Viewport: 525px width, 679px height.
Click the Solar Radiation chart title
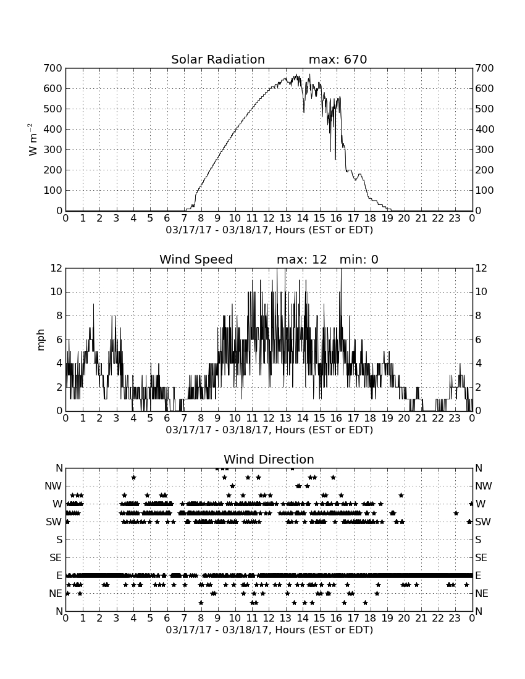coord(218,59)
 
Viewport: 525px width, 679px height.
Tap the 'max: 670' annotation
coord(338,59)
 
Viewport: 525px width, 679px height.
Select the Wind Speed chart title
coord(196,259)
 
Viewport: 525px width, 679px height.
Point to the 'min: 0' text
coord(359,259)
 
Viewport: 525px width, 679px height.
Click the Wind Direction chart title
coord(269,459)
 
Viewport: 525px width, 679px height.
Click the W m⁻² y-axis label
coord(33,140)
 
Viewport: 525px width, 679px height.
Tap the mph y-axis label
coord(41,340)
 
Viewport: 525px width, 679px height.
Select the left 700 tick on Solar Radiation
coord(53,68)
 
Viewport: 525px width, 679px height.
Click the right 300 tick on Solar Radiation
coord(484,150)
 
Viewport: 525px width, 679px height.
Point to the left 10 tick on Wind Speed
coord(56,292)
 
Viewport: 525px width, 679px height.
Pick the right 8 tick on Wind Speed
coord(478,315)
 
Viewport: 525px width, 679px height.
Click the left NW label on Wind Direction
coord(53,486)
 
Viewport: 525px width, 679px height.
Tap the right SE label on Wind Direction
coord(481,558)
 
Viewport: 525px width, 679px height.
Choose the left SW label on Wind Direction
coord(54,522)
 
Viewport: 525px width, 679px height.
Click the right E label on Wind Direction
coord(478,575)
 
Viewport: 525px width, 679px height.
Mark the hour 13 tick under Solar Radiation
coord(285,219)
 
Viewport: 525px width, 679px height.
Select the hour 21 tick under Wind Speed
coord(421,419)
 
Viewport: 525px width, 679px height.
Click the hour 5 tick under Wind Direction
coord(150,619)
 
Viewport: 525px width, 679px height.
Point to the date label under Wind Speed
coord(269,430)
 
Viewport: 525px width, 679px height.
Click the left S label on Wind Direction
coord(59,540)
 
